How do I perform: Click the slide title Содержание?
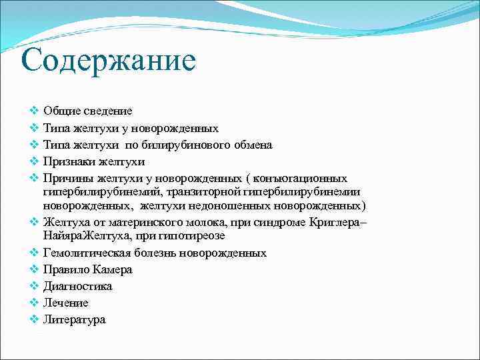tap(108, 61)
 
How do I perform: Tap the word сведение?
tap(109, 111)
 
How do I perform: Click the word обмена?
tap(249, 145)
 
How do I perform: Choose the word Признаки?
tap(69, 161)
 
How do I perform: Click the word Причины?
tap(69, 178)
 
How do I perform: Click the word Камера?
tap(112, 270)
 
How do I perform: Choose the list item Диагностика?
tap(77, 287)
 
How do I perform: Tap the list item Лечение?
tap(65, 303)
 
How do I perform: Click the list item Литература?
tap(74, 320)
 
